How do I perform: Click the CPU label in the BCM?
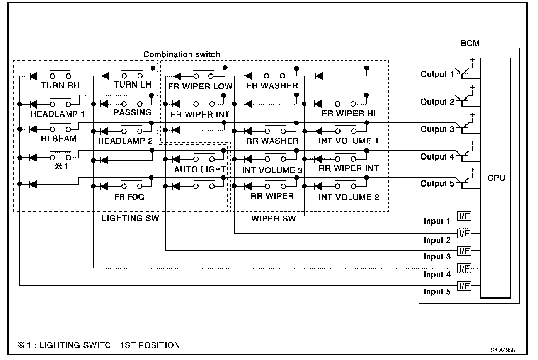[496, 178]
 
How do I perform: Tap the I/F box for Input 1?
[464, 216]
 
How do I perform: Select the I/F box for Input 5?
[464, 286]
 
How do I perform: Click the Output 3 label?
[437, 129]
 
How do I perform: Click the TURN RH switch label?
[60, 86]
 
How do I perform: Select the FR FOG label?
[129, 197]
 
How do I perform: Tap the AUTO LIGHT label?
[200, 169]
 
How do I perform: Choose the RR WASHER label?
[272, 141]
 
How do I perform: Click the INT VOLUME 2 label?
[349, 197]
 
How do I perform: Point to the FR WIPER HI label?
[349, 114]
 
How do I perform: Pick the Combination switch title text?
[181, 54]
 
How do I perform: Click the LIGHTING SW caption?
[130, 219]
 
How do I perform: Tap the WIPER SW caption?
[273, 219]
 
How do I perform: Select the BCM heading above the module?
[470, 43]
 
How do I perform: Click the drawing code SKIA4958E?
[504, 350]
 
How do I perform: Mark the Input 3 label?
[437, 257]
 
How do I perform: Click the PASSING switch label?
[132, 112]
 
